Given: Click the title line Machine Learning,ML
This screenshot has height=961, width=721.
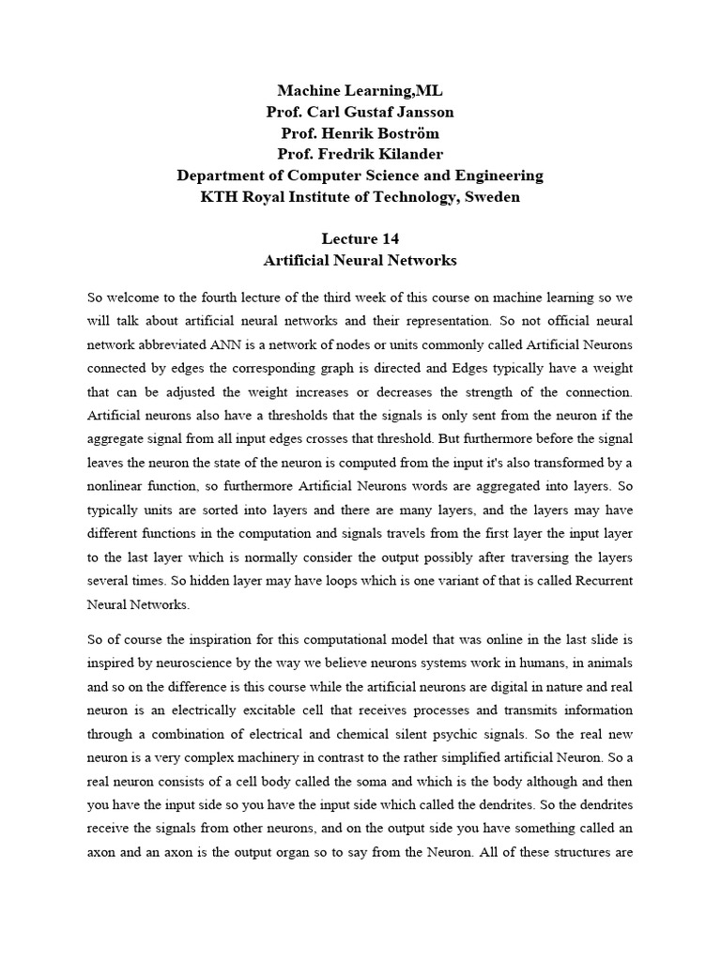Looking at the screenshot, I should pyautogui.click(x=360, y=91).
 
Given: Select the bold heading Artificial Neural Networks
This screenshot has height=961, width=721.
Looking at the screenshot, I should pyautogui.click(x=360, y=260).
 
